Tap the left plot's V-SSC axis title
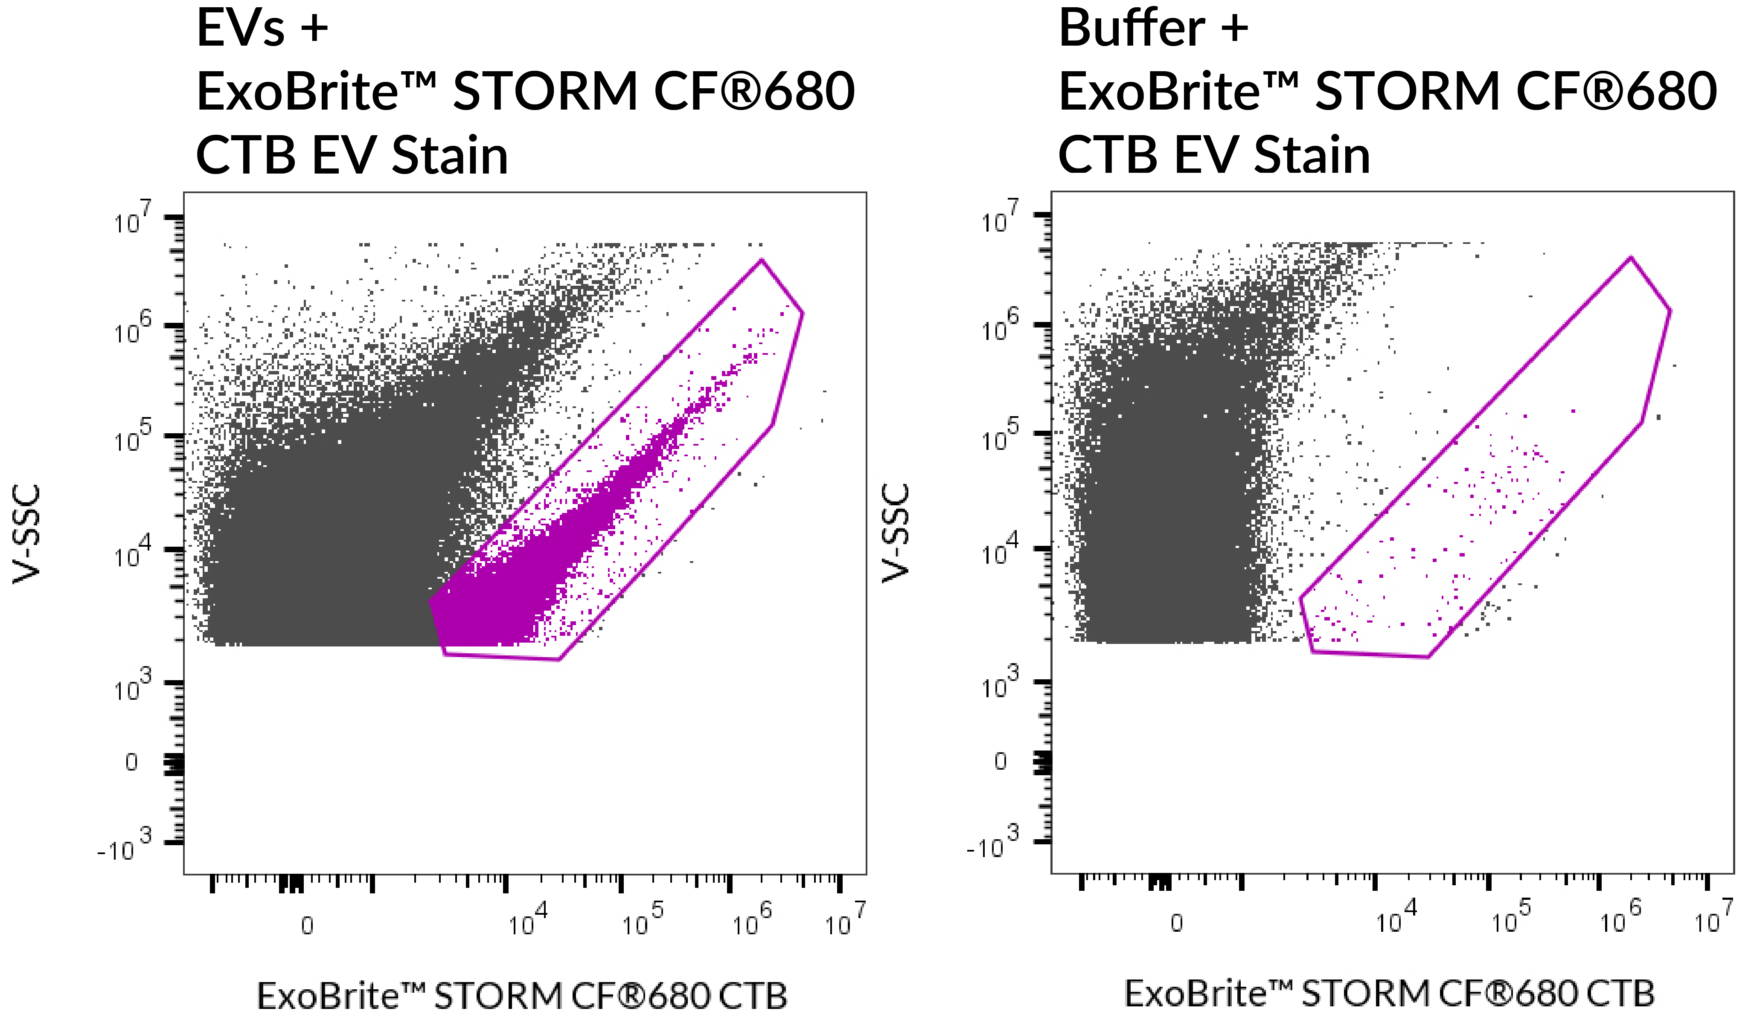(x=28, y=533)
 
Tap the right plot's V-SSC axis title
(x=896, y=533)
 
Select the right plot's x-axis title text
(x=1390, y=993)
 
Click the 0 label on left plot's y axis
(x=131, y=762)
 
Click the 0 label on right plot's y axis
(x=1000, y=761)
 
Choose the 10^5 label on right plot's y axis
(x=1001, y=436)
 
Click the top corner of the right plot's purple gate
(x=1631, y=258)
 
